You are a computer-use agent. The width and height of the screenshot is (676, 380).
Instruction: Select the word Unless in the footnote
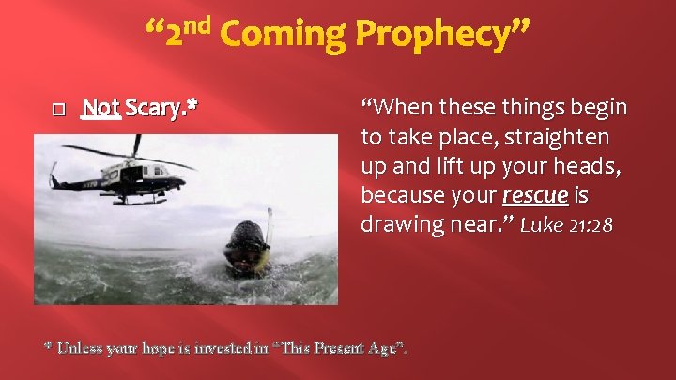click(80, 348)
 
